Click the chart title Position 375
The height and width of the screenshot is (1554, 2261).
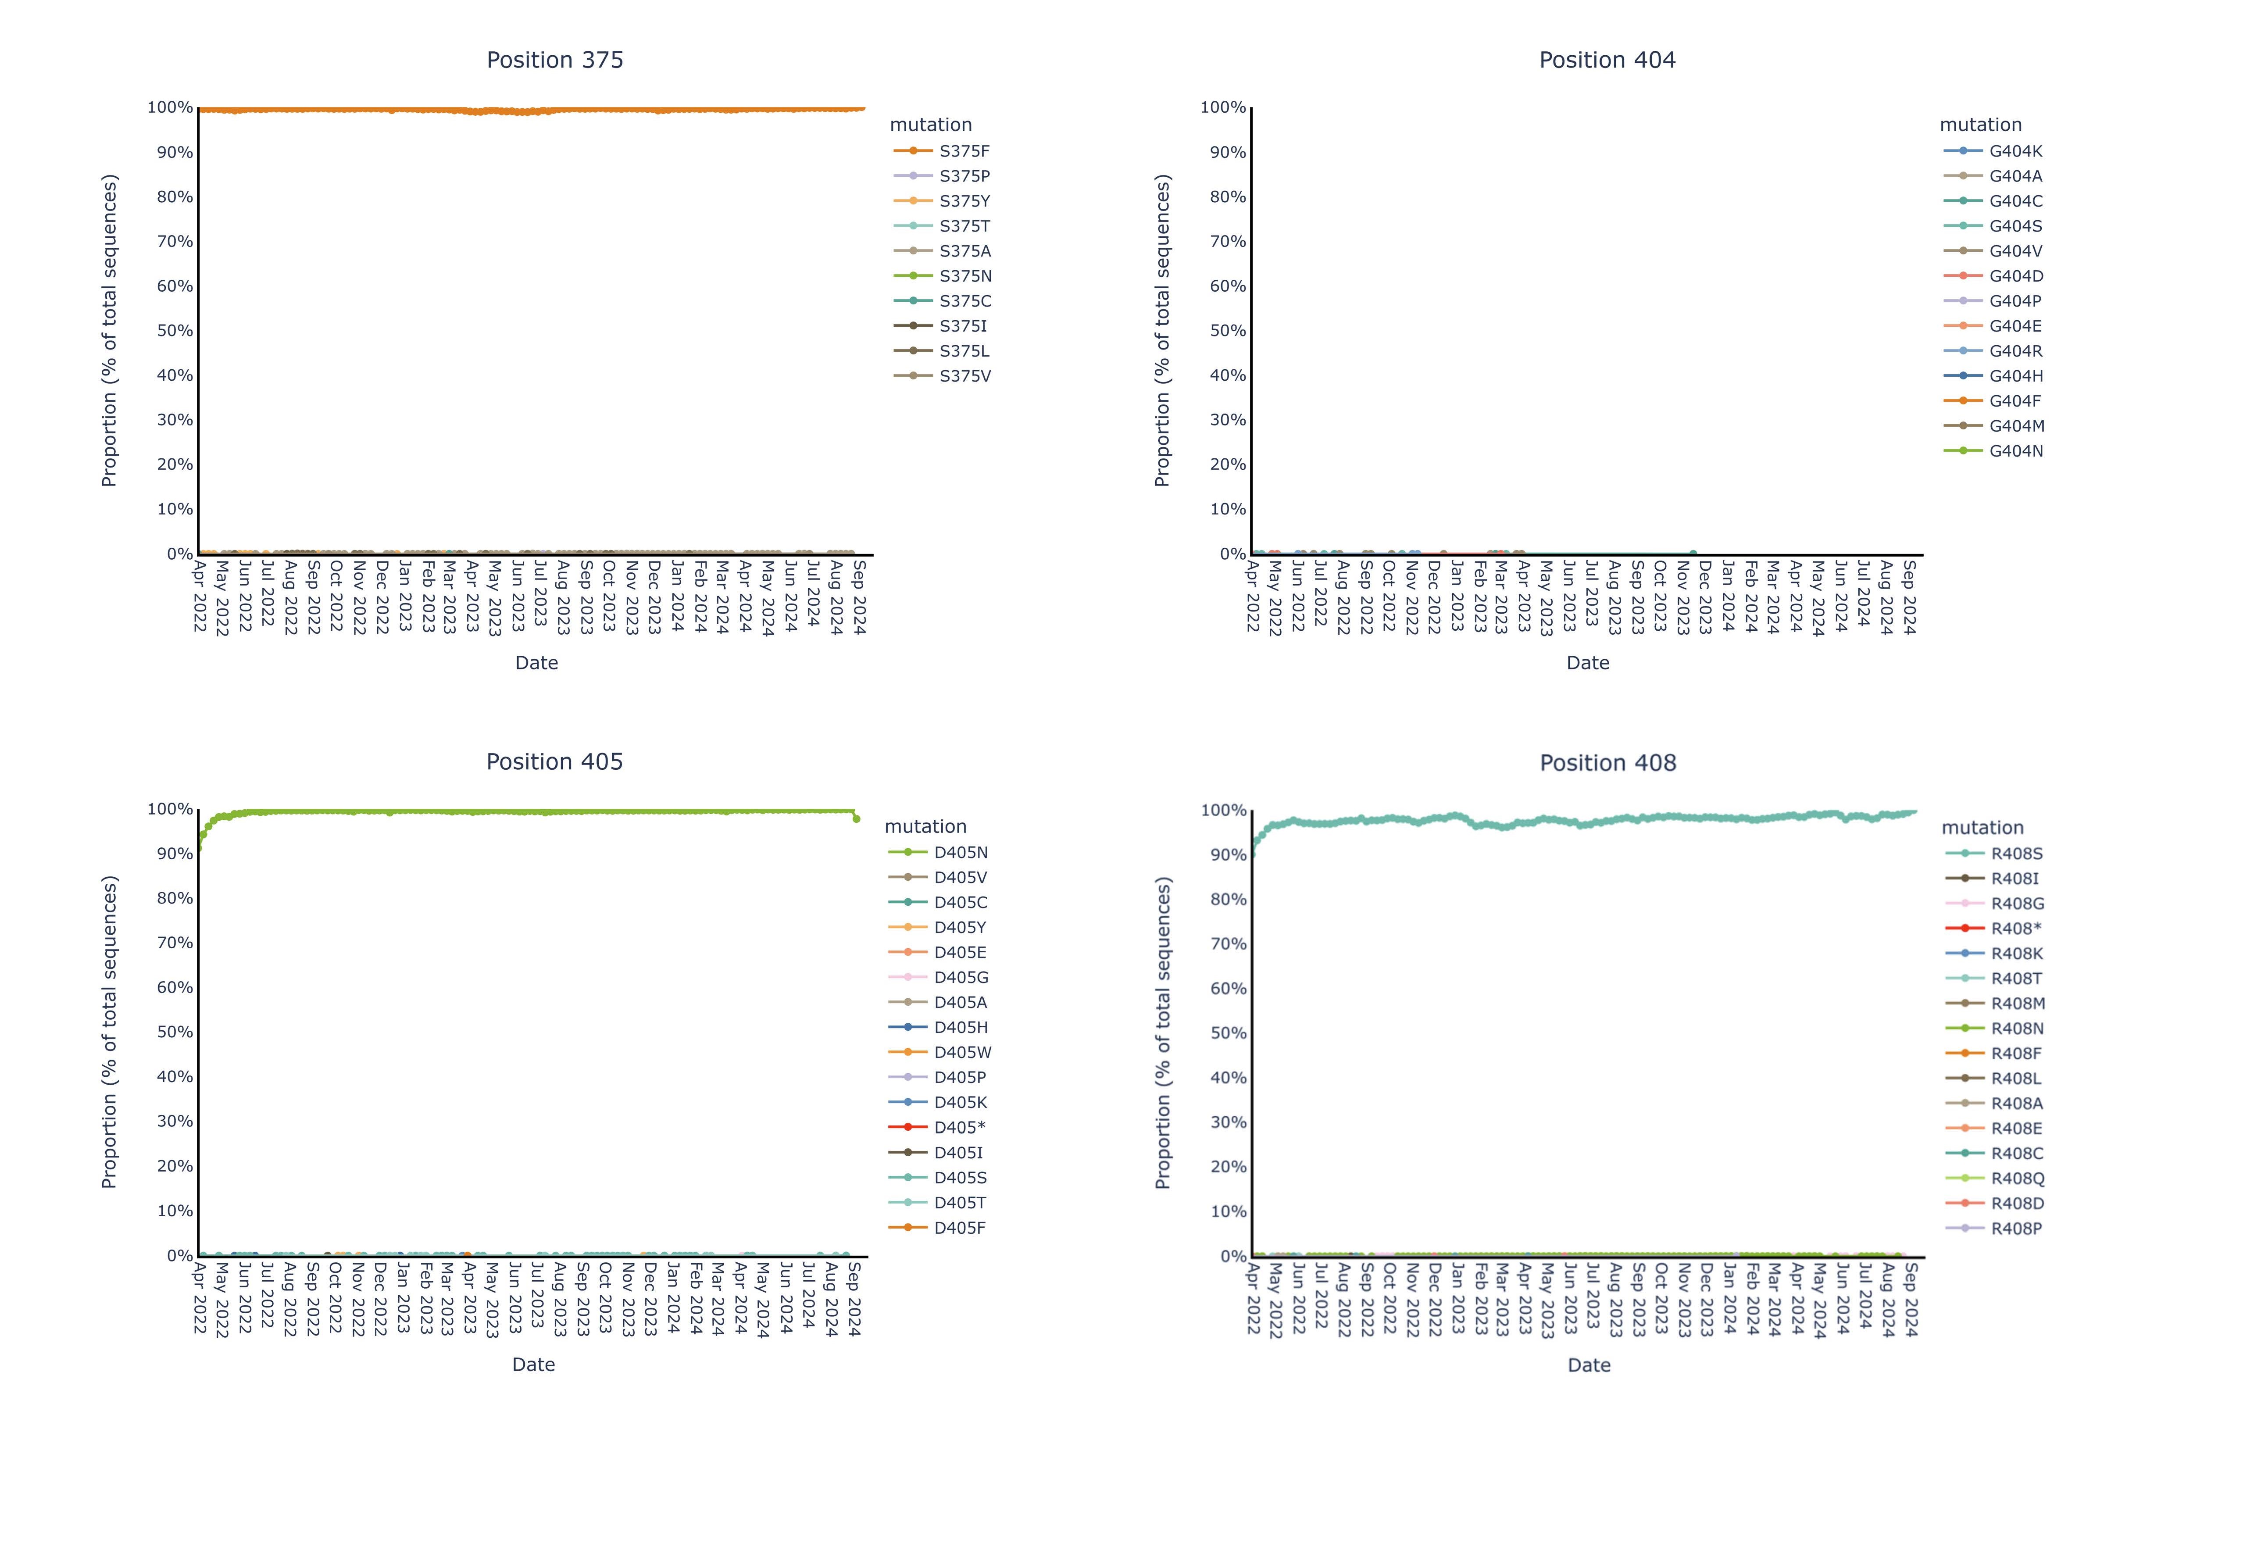555,61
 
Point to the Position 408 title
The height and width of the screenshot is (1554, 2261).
1607,763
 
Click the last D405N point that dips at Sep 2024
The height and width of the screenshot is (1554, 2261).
856,819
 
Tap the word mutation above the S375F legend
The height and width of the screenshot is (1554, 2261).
930,125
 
